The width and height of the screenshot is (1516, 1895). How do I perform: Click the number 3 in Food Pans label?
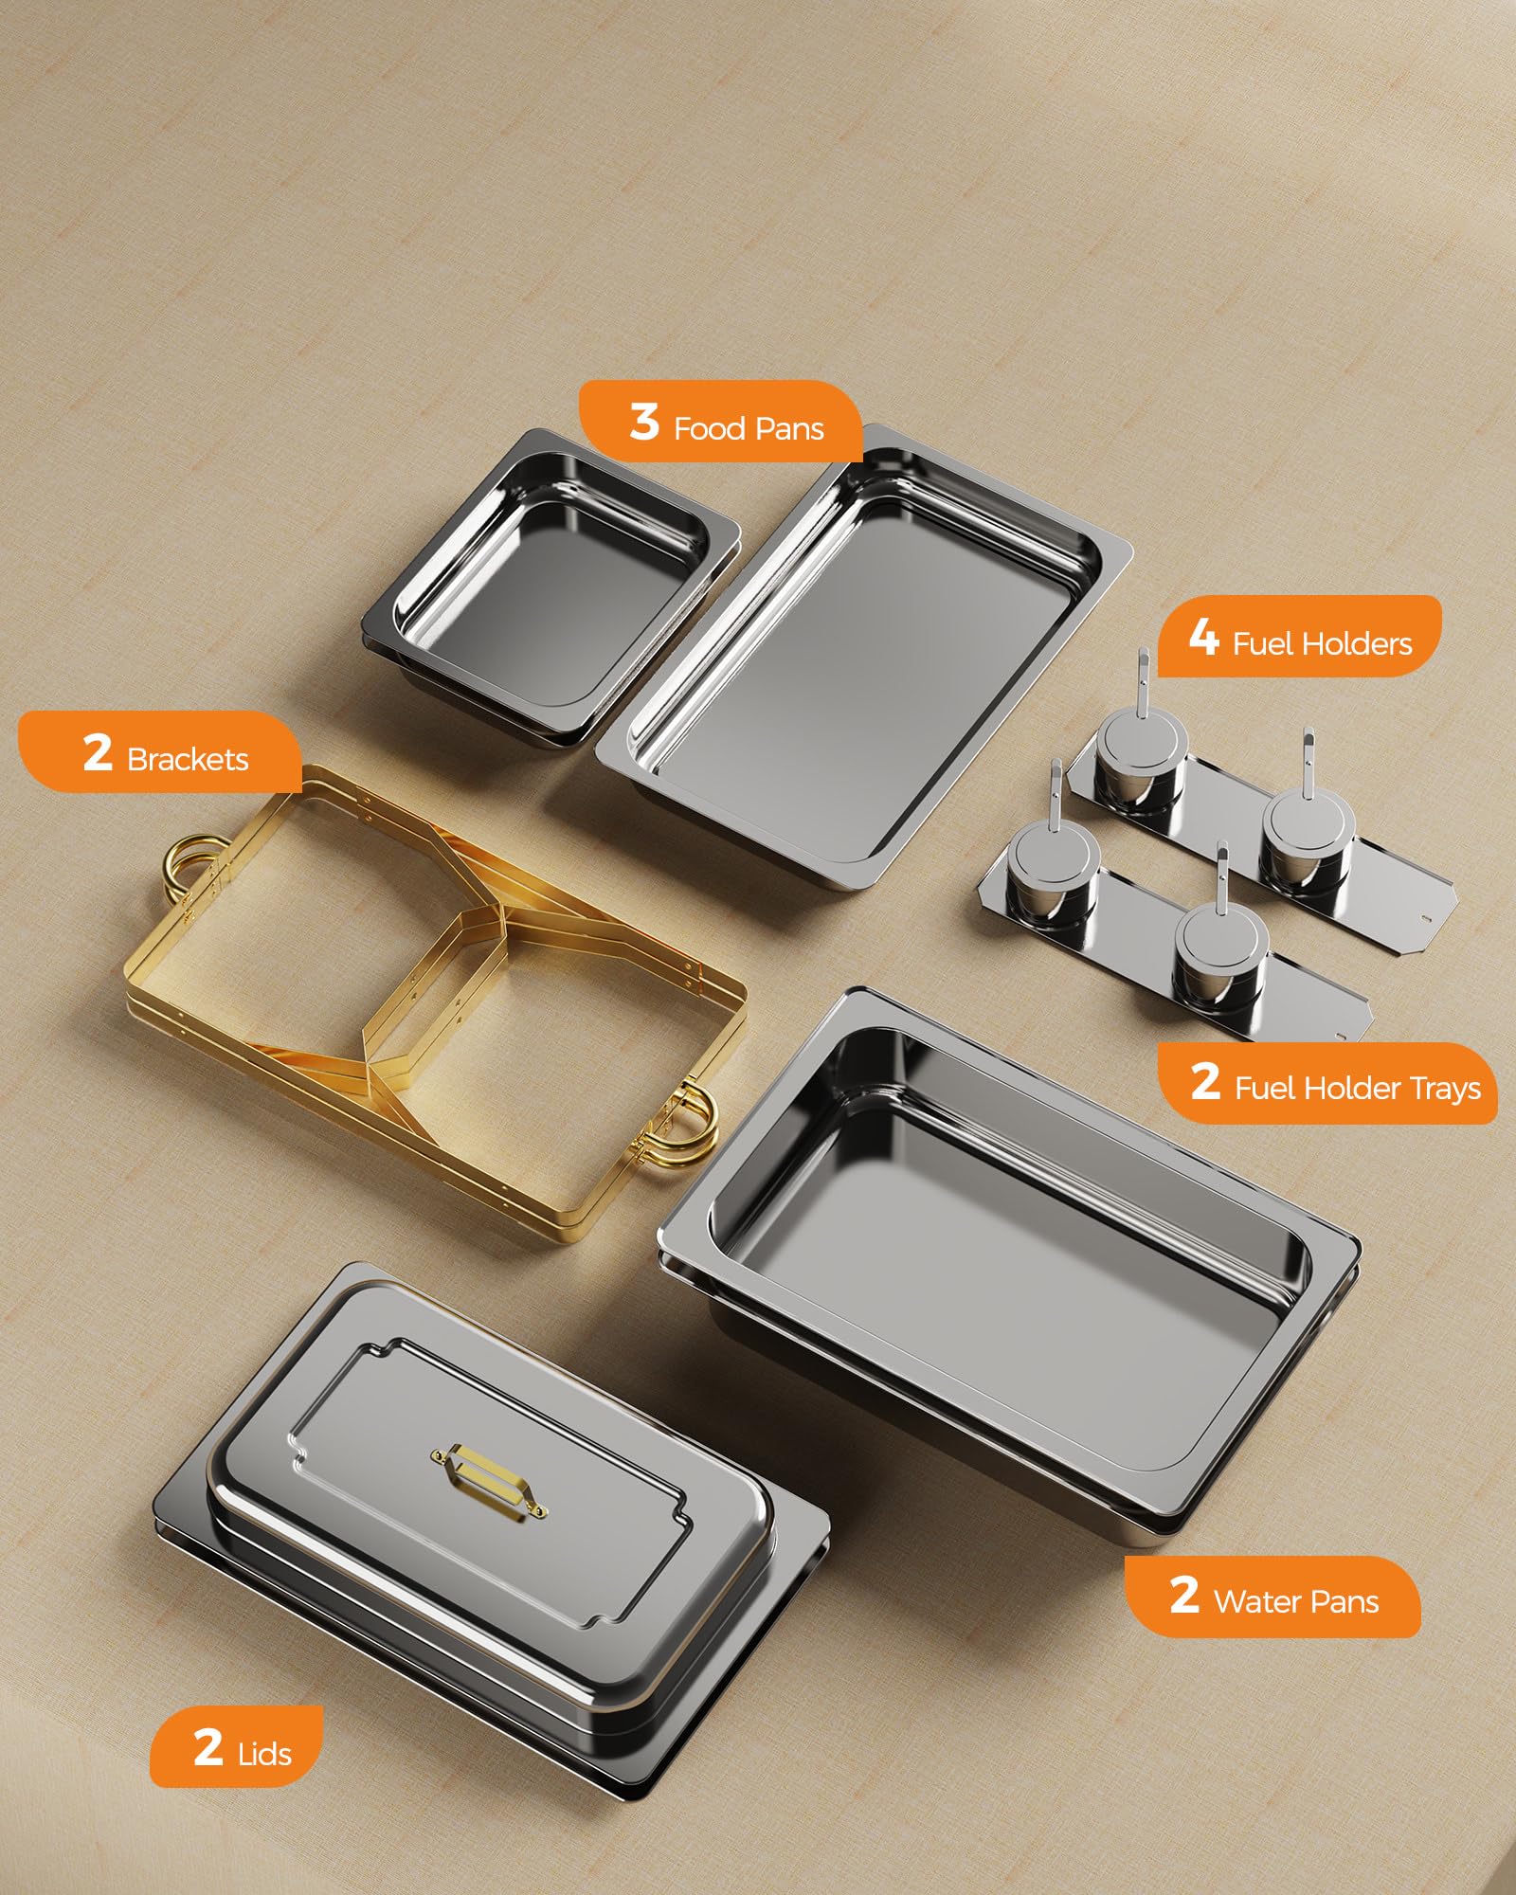coord(644,423)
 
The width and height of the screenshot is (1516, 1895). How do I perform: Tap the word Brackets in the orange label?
coord(188,760)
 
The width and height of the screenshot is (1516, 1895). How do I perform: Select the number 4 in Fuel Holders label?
coord(1203,637)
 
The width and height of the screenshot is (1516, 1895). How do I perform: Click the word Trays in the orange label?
coord(1441,1088)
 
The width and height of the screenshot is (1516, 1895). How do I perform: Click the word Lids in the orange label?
coord(264,1755)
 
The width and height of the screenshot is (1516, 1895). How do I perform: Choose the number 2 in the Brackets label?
coord(98,753)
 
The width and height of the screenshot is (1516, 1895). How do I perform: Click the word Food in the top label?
coord(709,429)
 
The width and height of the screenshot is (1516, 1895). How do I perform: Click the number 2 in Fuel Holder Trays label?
coord(1205,1081)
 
